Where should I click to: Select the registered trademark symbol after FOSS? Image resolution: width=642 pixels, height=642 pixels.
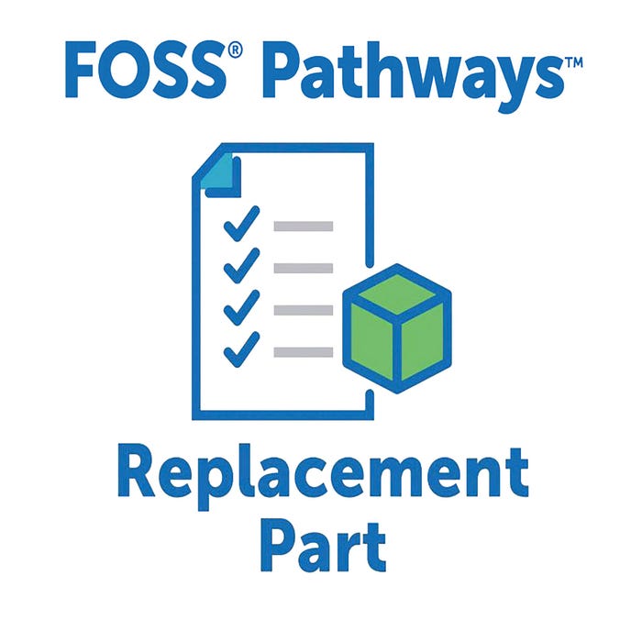pyautogui.click(x=235, y=50)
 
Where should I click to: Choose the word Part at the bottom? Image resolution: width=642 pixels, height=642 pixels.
pyautogui.click(x=323, y=545)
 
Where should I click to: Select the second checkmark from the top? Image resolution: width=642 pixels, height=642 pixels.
pyautogui.click(x=241, y=265)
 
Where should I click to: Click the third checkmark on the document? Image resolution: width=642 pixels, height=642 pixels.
pyautogui.click(x=241, y=307)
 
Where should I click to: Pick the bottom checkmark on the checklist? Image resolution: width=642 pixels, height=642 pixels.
pyautogui.click(x=241, y=349)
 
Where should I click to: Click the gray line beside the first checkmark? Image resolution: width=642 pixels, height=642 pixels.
pyautogui.click(x=304, y=226)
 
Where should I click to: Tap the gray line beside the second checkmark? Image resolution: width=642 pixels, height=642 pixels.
pyautogui.click(x=304, y=268)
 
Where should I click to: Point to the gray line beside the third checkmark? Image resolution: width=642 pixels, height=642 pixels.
pyautogui.click(x=304, y=310)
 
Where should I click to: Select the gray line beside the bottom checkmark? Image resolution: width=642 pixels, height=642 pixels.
pyautogui.click(x=304, y=352)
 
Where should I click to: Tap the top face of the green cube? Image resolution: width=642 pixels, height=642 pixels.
pyautogui.click(x=396, y=293)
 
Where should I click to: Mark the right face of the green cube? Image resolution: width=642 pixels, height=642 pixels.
pyautogui.click(x=422, y=341)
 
